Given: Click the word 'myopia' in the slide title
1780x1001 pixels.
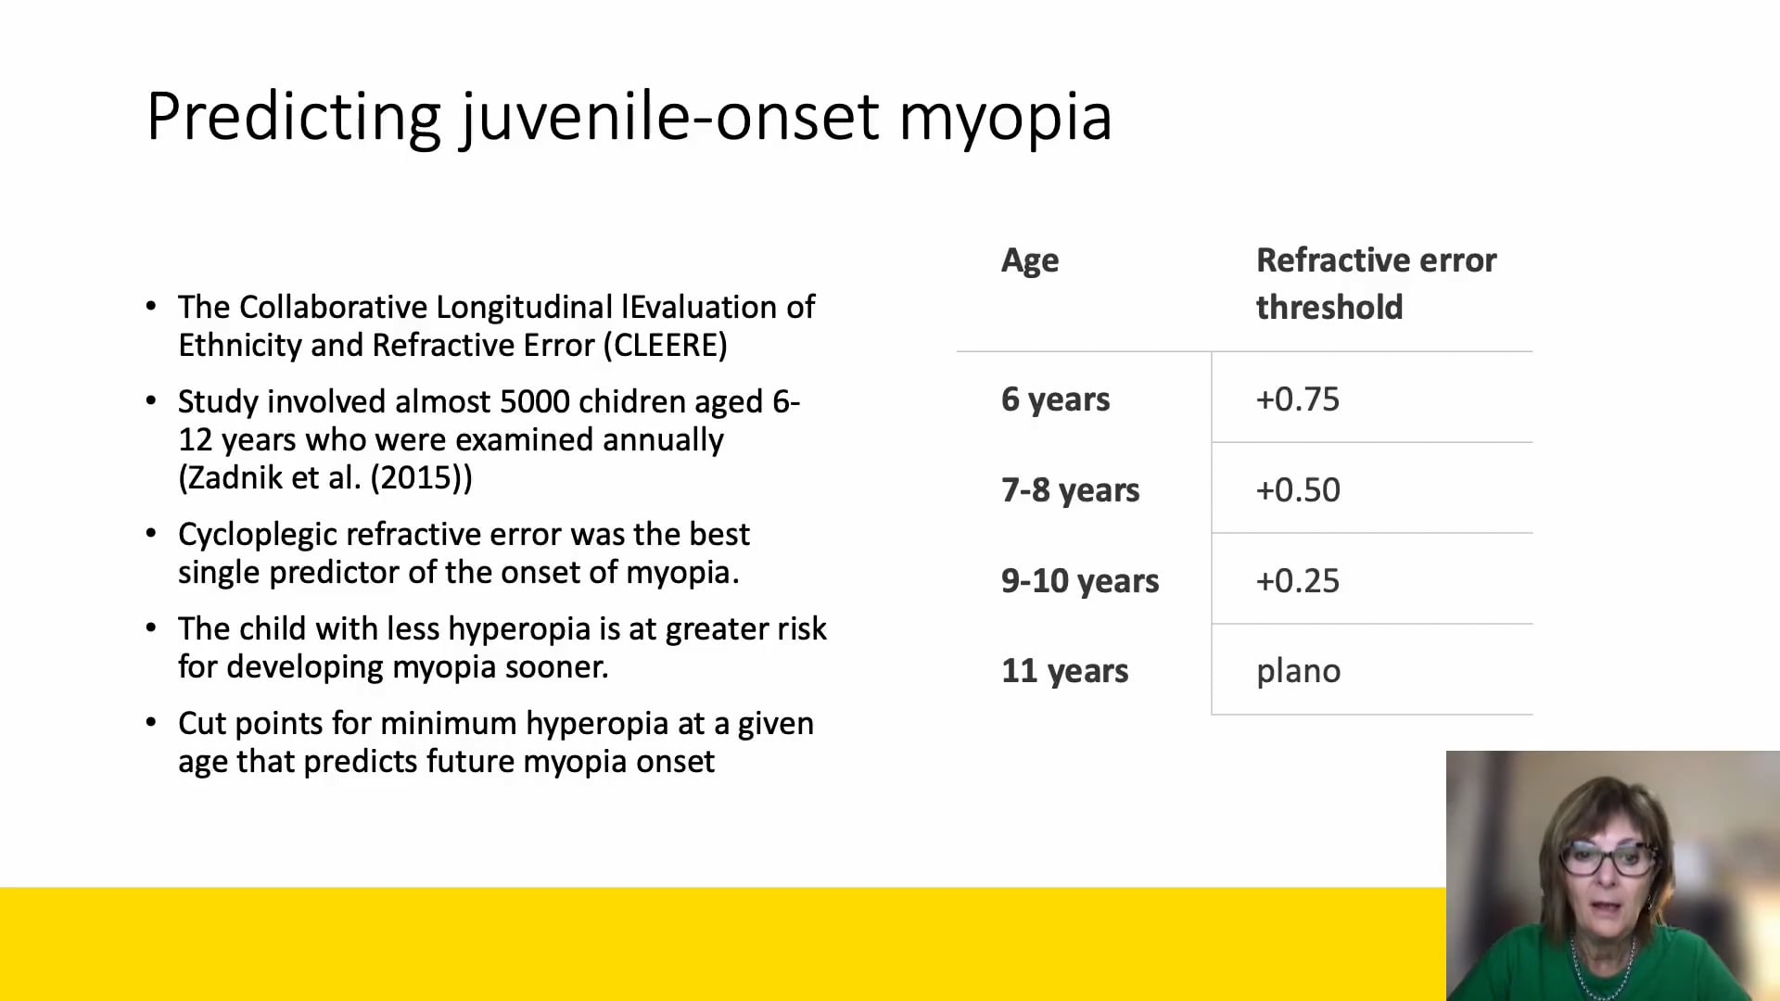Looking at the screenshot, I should point(1005,119).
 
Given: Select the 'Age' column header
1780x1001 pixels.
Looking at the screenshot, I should point(1029,260).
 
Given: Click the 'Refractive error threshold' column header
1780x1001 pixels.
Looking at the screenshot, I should point(1375,283).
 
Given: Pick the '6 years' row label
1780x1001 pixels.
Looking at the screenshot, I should point(1055,399).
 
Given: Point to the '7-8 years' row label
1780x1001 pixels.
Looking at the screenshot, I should point(1070,490).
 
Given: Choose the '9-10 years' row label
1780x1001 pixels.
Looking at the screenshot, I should point(1079,581).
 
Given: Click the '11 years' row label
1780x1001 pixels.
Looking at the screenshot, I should point(1064,671).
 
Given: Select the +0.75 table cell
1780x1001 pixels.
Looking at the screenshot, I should point(1297,399).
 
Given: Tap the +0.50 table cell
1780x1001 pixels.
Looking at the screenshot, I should point(1297,490).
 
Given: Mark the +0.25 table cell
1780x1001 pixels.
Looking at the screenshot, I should point(1297,581).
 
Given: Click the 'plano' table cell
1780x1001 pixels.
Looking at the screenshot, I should point(1298,671).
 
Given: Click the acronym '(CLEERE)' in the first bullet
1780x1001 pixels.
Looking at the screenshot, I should point(665,346).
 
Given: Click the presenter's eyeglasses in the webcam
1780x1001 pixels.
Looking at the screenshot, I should point(1609,858).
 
